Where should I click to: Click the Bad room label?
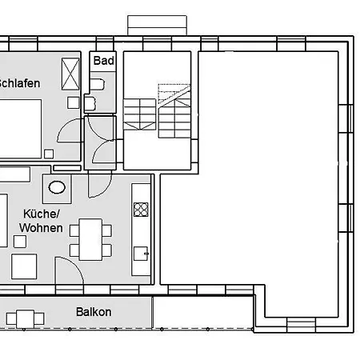[x=104, y=61]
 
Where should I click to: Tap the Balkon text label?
[x=94, y=312]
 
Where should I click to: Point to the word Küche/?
[x=42, y=214]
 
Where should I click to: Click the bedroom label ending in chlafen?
[x=19, y=83]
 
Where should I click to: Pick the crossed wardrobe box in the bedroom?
[x=70, y=77]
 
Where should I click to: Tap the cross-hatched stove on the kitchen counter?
[x=141, y=210]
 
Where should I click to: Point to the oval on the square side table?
[x=58, y=188]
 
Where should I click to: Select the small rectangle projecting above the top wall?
[x=158, y=25]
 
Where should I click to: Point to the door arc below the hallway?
[x=99, y=183]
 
